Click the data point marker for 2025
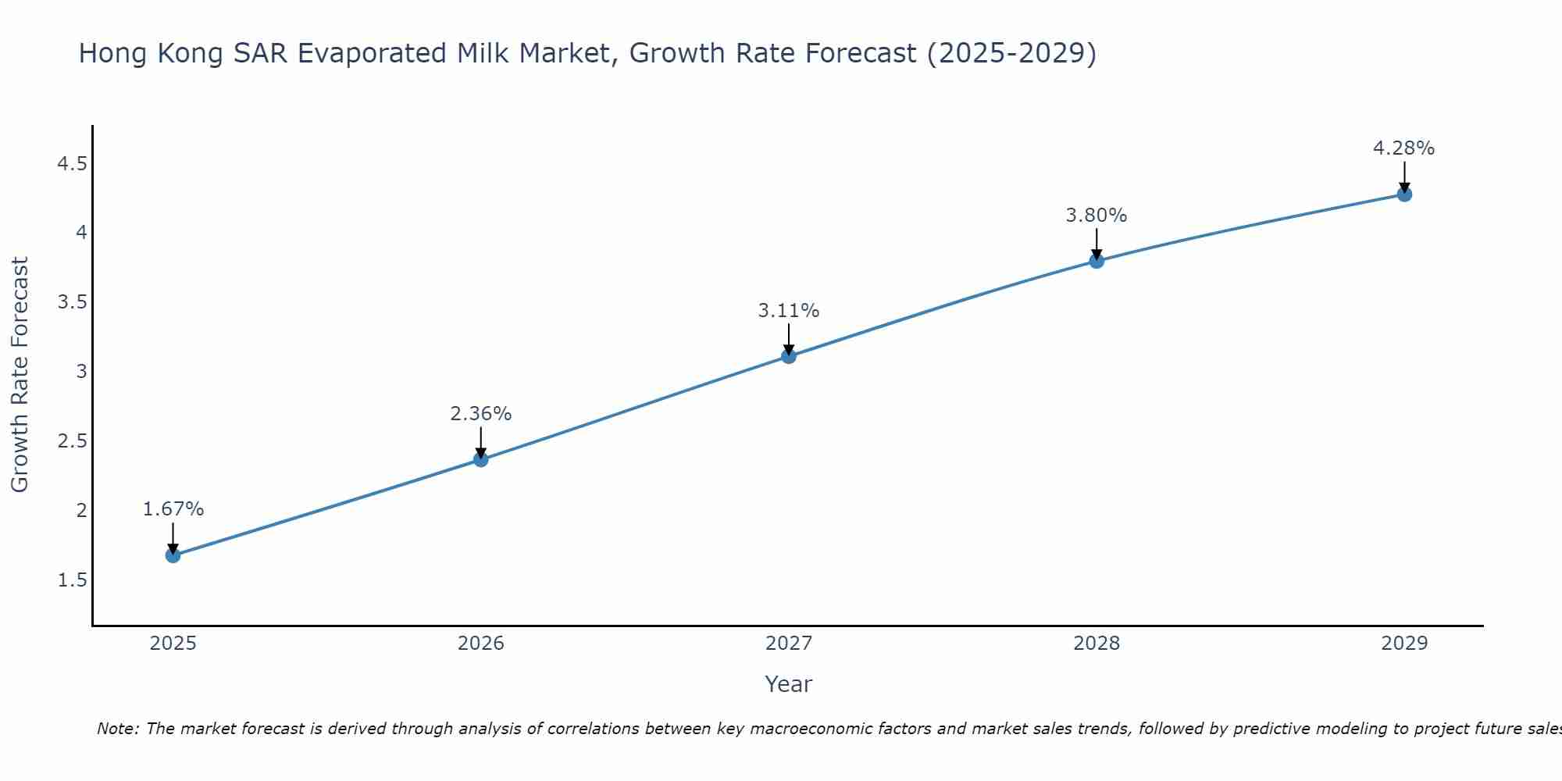point(173,555)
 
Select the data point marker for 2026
point(481,459)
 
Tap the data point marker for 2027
point(789,356)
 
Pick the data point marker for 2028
point(1097,260)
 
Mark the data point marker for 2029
point(1404,194)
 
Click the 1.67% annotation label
point(173,509)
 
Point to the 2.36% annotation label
point(481,414)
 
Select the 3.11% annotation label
point(789,311)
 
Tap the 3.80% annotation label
point(1097,216)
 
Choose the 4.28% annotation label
point(1404,148)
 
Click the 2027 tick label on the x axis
point(789,644)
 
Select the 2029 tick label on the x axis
point(1404,644)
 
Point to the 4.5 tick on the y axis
point(72,164)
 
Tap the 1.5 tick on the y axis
point(72,580)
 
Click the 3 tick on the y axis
point(82,372)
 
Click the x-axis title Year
point(789,684)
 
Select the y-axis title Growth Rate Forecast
point(20,375)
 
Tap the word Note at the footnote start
point(117,729)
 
